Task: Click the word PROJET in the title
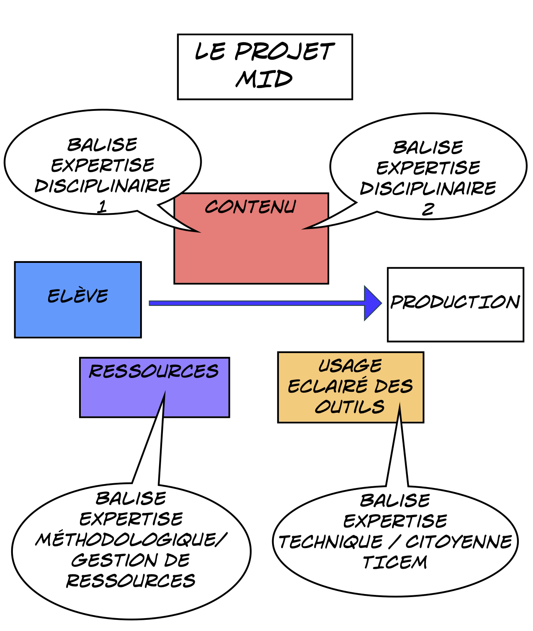coord(284,52)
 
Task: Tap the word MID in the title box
coord(264,79)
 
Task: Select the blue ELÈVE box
coord(78,299)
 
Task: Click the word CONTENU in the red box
coord(250,207)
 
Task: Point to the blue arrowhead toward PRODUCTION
coord(372,303)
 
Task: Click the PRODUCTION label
coord(455,302)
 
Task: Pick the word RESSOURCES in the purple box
coord(154,372)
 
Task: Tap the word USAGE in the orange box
coord(350,366)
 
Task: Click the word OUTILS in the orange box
coord(350,407)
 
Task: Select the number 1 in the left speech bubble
coord(102,207)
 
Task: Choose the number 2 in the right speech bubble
coord(428,209)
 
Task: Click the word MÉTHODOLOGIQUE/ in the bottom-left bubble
coord(131,540)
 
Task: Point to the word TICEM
coord(395,562)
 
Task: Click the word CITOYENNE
coord(459,542)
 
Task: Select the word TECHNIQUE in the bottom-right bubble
coord(331,542)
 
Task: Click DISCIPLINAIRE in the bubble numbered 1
coord(103,186)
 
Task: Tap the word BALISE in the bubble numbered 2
coord(428,148)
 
